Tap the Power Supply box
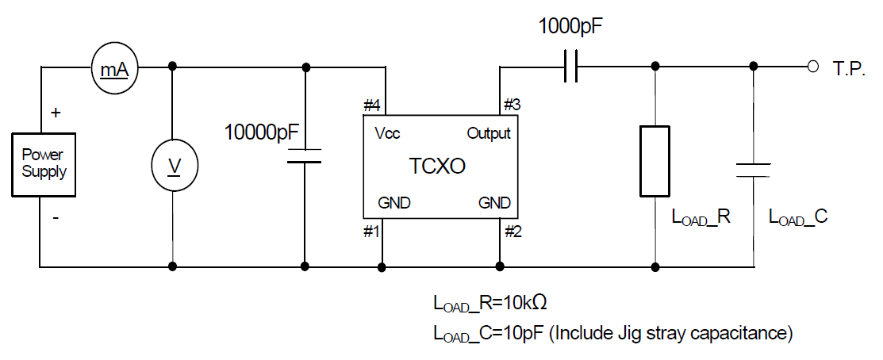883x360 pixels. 44,164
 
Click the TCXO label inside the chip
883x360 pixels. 437,167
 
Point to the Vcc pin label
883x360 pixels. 387,134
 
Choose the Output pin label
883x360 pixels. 489,134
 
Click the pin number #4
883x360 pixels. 372,105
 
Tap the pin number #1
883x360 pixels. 371,232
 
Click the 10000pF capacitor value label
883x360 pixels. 261,133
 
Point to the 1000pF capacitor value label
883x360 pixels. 571,26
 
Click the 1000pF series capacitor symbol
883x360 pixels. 570,67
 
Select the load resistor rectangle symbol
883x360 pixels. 655,161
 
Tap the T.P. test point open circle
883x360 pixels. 812,67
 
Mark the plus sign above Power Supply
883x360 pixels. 56,113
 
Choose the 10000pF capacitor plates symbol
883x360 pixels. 304,155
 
